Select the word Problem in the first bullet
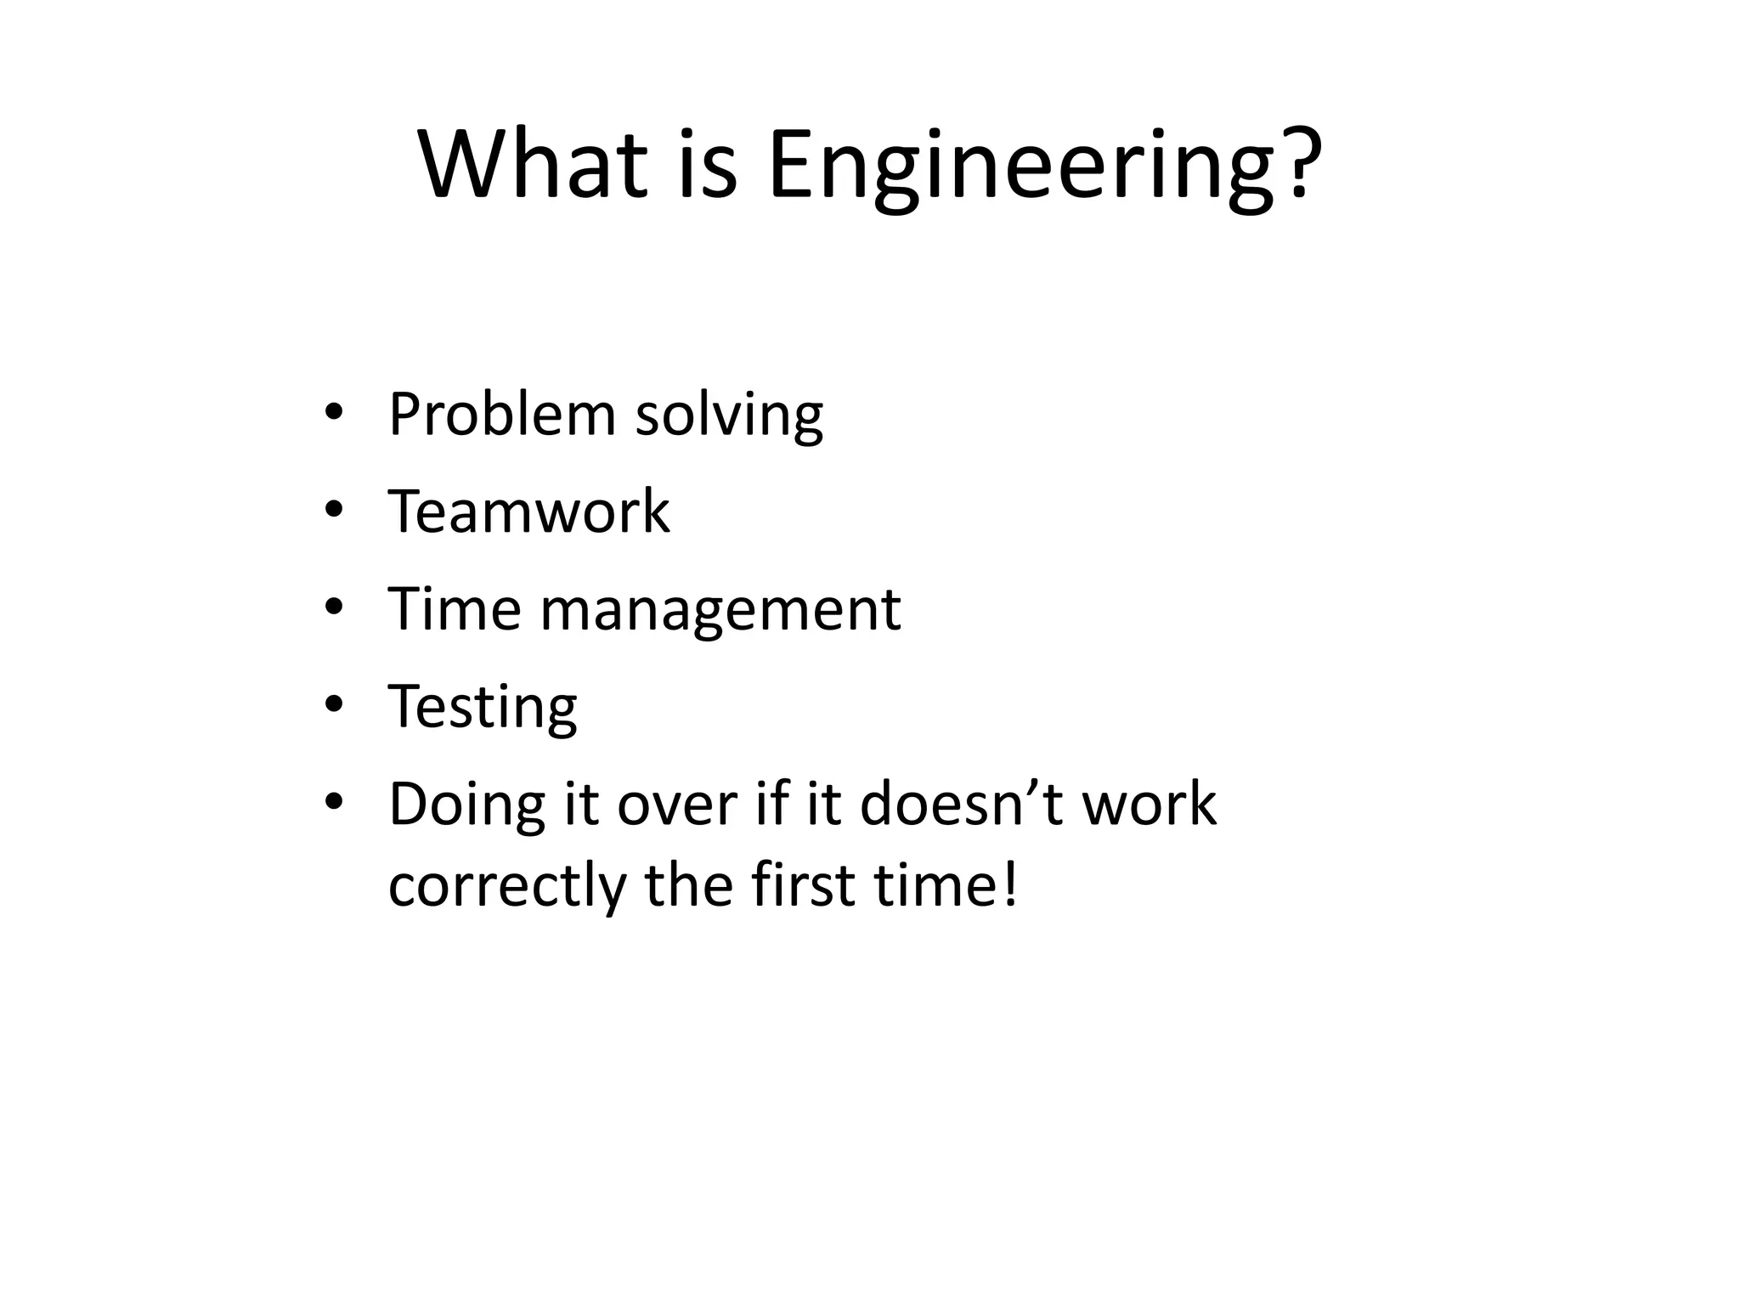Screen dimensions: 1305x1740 [502, 415]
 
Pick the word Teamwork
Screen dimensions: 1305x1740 [528, 511]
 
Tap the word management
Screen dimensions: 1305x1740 [720, 610]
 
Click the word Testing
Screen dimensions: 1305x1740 [482, 707]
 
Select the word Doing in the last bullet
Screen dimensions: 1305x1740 [466, 805]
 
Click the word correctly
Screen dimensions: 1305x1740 [506, 886]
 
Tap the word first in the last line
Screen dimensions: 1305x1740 [803, 884]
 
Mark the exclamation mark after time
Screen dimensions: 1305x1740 [1008, 884]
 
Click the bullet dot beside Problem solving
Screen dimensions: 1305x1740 [334, 413]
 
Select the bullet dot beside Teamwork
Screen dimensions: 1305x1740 [334, 510]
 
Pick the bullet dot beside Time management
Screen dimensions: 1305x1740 [334, 607]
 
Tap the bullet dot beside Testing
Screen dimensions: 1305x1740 [334, 704]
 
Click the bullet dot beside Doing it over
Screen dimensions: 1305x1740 [334, 801]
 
